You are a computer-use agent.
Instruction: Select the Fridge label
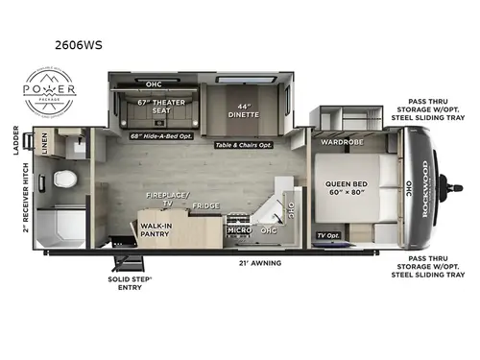click(x=204, y=205)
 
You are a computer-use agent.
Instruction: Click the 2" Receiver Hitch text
click(x=16, y=205)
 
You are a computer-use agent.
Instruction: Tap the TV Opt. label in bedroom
click(x=328, y=235)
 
